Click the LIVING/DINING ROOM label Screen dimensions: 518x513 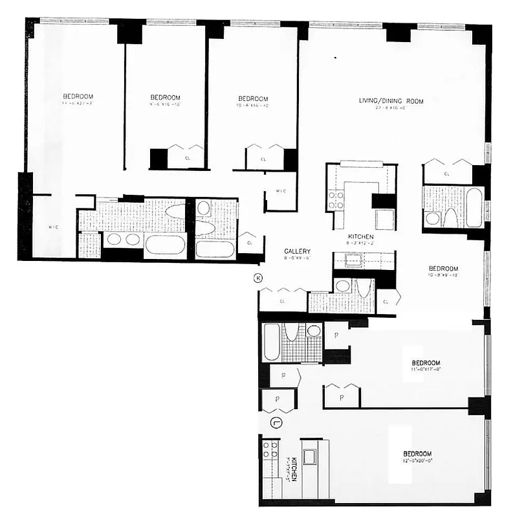(391, 101)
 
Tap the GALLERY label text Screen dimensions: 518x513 (298, 251)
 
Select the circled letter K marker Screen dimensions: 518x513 (258, 278)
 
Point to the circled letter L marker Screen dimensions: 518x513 (276, 423)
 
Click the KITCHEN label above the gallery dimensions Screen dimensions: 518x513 (361, 238)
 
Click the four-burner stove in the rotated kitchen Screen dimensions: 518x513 (270, 450)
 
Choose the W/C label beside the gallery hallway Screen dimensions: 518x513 (281, 192)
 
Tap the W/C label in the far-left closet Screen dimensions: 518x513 (54, 227)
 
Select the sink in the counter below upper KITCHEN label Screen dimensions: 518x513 (353, 261)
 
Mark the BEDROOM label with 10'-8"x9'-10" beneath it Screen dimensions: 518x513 (443, 269)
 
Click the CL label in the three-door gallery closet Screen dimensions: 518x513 (283, 301)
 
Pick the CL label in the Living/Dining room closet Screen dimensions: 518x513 (447, 174)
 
